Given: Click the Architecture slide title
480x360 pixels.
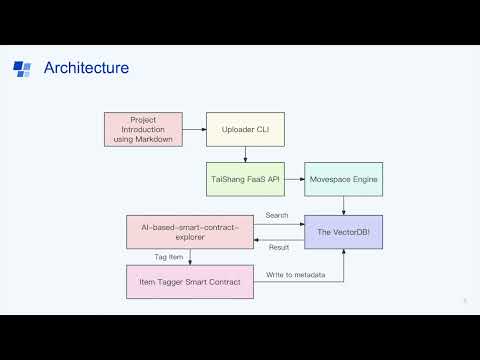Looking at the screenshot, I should click(x=86, y=68).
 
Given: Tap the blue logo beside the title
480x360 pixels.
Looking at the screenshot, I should click(x=22, y=68).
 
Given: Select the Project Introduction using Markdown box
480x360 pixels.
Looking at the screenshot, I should click(x=145, y=129).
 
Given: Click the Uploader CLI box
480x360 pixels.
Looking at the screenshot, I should click(x=244, y=129).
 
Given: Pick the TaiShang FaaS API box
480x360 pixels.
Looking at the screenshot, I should click(x=244, y=179).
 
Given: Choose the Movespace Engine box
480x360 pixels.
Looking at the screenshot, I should click(x=344, y=179).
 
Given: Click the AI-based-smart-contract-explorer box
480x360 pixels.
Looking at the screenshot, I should click(x=191, y=232).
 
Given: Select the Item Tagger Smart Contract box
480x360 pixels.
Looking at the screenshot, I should click(x=191, y=281).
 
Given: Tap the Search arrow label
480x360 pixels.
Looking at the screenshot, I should click(x=277, y=216).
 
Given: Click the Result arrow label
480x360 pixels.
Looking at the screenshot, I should click(x=279, y=246).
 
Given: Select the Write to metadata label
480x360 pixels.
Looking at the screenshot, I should click(x=296, y=274).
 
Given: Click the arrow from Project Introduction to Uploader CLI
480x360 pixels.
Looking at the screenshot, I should click(x=196, y=129).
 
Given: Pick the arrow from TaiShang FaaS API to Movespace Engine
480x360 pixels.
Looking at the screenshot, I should click(x=294, y=179).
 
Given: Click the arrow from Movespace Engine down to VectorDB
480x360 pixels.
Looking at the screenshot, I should click(x=344, y=205).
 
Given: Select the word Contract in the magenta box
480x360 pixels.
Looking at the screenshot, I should click(x=227, y=281).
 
